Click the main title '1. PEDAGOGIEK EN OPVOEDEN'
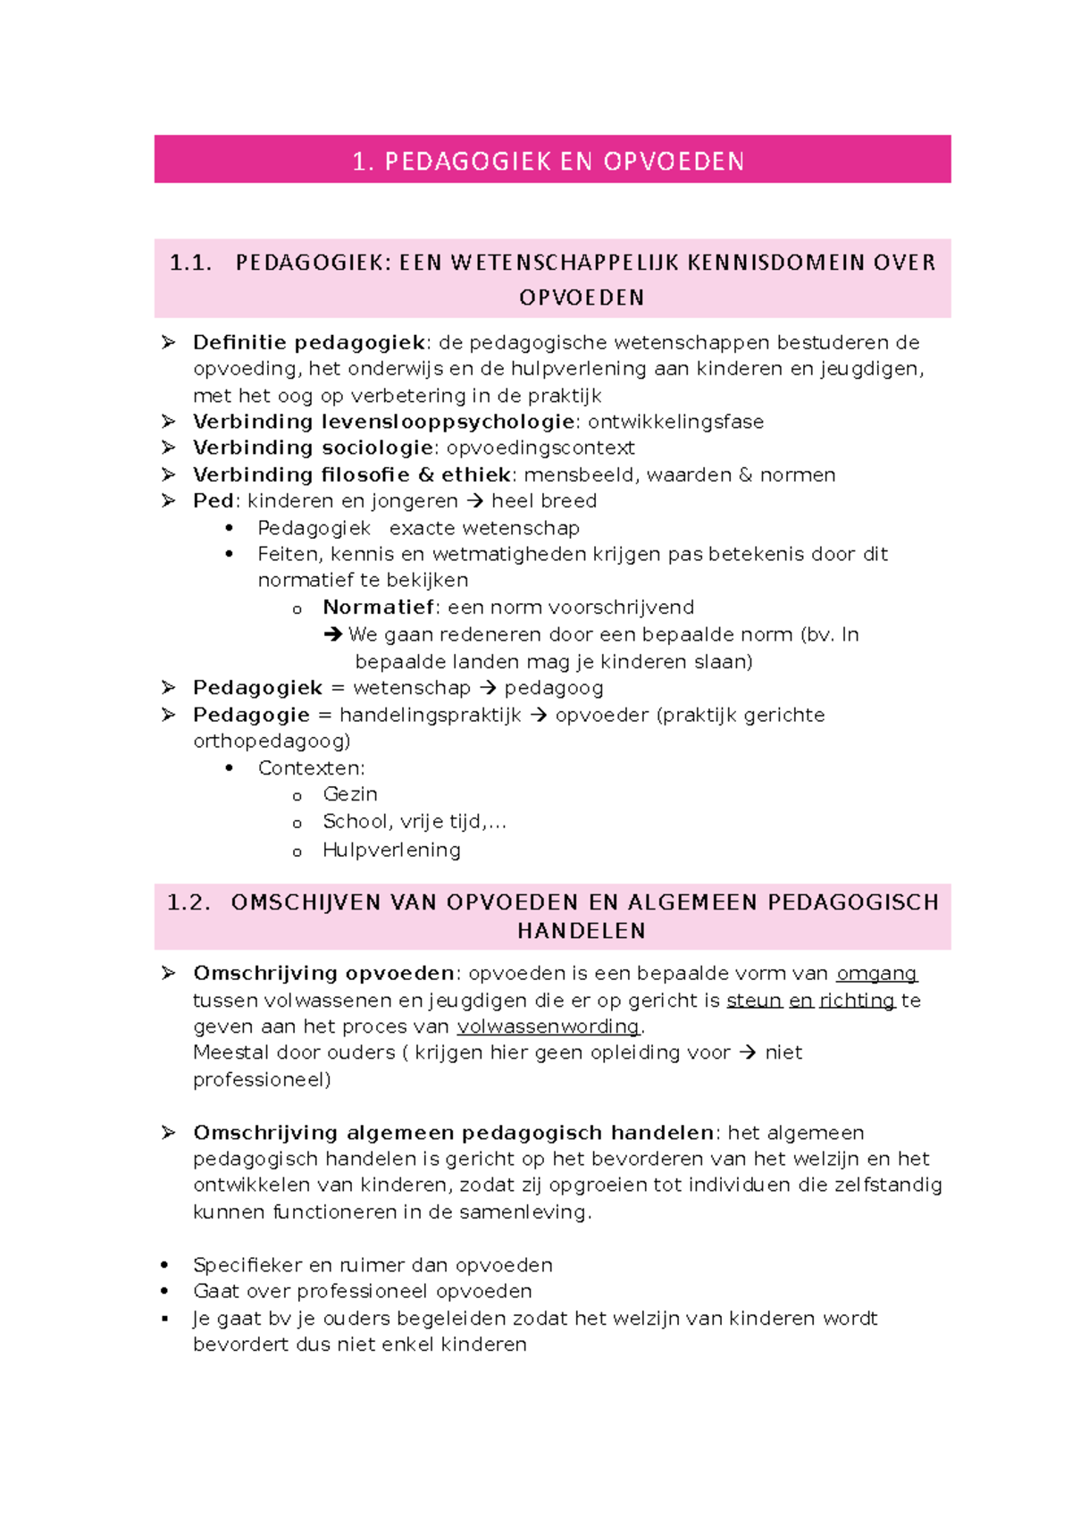click(549, 162)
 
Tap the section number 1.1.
click(190, 263)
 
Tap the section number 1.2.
click(188, 902)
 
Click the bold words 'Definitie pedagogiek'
click(309, 343)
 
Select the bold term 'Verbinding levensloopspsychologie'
click(384, 422)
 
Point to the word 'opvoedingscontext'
click(540, 448)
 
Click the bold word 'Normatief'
click(379, 608)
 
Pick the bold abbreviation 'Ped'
click(214, 501)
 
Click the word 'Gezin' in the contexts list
click(350, 794)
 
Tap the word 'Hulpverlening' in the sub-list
click(391, 851)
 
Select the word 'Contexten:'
click(311, 768)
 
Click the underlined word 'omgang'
click(876, 974)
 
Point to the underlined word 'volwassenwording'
click(549, 1027)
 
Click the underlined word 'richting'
click(857, 1001)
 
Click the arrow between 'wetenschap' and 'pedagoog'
click(488, 688)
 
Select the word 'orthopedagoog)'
click(272, 741)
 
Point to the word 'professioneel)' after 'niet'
click(262, 1080)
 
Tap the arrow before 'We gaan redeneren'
click(333, 634)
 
